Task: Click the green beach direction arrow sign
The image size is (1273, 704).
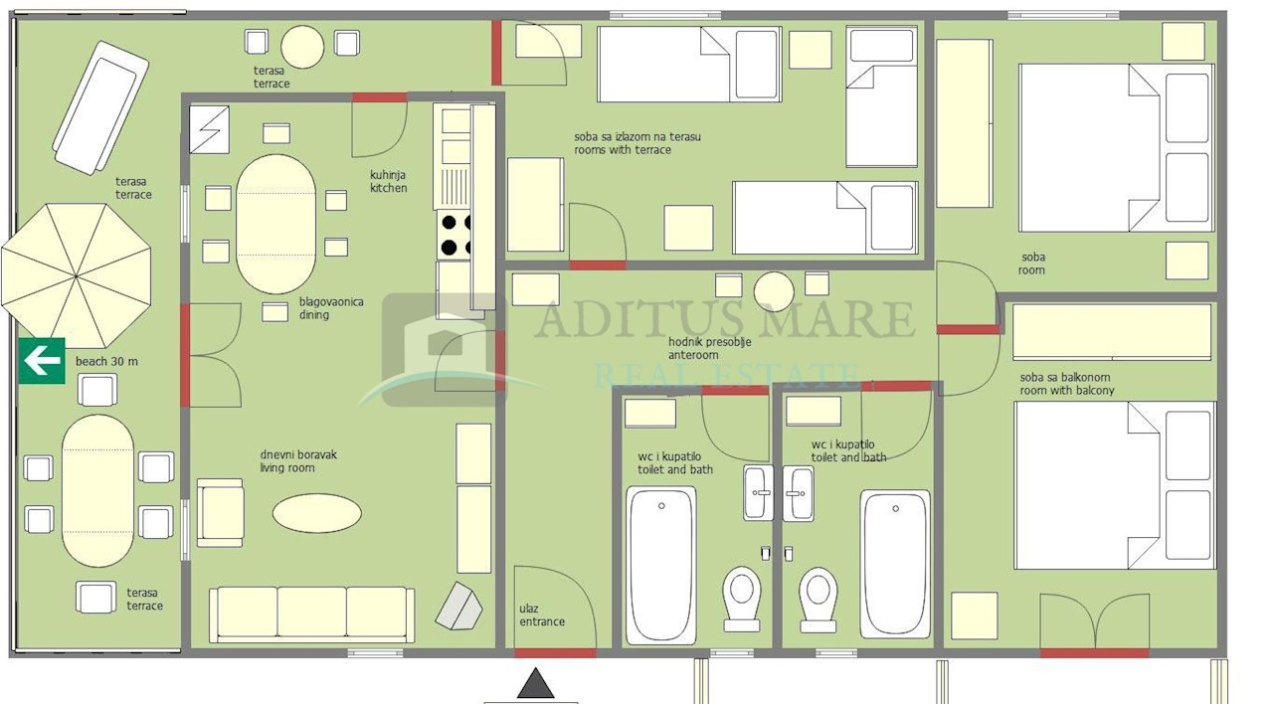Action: tap(42, 361)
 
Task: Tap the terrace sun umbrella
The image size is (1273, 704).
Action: tap(77, 275)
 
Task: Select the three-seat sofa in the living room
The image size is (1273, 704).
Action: tap(311, 615)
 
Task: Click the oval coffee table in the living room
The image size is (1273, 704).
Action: tap(316, 513)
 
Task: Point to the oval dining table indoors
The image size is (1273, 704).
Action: tap(276, 224)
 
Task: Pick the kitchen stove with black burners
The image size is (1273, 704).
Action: tap(454, 235)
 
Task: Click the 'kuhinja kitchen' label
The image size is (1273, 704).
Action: tap(389, 181)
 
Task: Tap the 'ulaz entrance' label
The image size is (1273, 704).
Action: tap(542, 615)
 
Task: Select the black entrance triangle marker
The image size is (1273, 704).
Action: tap(535, 683)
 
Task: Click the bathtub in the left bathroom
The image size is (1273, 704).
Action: tap(661, 565)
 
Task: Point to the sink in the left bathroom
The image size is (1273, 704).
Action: tap(758, 492)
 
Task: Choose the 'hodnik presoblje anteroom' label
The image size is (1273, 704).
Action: tap(709, 348)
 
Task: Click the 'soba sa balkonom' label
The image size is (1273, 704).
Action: tap(1064, 377)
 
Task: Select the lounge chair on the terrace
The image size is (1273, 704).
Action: tap(100, 108)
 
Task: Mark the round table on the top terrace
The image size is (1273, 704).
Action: tap(302, 47)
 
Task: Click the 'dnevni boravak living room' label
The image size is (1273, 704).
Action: tap(298, 460)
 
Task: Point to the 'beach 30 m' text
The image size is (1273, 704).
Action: tap(106, 361)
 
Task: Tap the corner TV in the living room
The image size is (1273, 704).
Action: tap(459, 606)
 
